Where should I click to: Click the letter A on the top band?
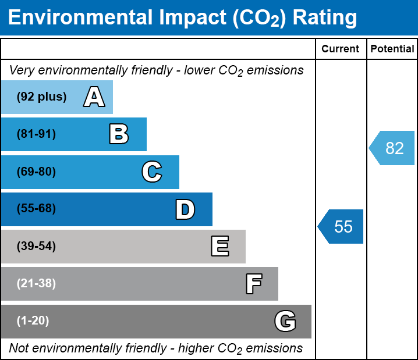click(94, 97)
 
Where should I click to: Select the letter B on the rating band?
click(119, 134)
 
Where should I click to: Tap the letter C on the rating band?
click(151, 172)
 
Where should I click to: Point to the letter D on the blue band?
click(185, 209)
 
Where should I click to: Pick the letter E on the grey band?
click(219, 247)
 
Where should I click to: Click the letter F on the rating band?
click(253, 284)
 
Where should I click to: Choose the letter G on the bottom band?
click(285, 321)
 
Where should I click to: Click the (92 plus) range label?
click(41, 97)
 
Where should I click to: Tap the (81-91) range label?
click(36, 134)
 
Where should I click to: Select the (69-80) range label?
click(36, 172)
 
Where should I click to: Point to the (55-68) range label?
click(36, 209)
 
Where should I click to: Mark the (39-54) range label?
click(36, 247)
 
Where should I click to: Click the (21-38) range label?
click(36, 284)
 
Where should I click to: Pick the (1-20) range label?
click(33, 321)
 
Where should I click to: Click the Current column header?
click(341, 49)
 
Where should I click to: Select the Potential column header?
click(392, 49)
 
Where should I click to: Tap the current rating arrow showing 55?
click(342, 226)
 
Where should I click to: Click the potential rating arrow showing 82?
click(393, 148)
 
